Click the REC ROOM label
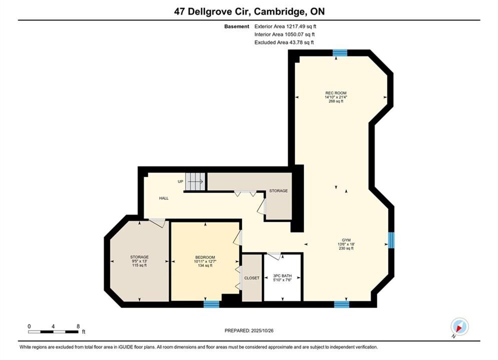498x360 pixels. [x=336, y=93]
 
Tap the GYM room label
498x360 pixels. [x=346, y=240]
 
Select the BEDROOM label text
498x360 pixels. [x=205, y=257]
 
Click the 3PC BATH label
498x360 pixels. [x=282, y=276]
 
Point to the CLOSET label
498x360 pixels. [x=252, y=278]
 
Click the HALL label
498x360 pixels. [x=164, y=198]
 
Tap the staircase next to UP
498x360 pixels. [x=196, y=181]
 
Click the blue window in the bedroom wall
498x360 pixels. [x=211, y=304]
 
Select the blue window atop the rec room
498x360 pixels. [x=340, y=52]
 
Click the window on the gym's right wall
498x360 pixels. [x=391, y=240]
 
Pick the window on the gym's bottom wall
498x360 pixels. [x=342, y=304]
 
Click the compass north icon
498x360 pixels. [x=459, y=326]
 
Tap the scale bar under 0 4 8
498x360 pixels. [x=53, y=332]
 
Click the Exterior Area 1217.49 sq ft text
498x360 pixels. [x=285, y=26]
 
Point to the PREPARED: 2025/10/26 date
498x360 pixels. [x=249, y=330]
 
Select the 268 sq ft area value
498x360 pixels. [x=336, y=101]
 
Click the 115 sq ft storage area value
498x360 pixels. [x=140, y=265]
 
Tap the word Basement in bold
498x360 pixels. [x=237, y=26]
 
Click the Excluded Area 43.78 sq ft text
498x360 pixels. [x=284, y=42]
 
